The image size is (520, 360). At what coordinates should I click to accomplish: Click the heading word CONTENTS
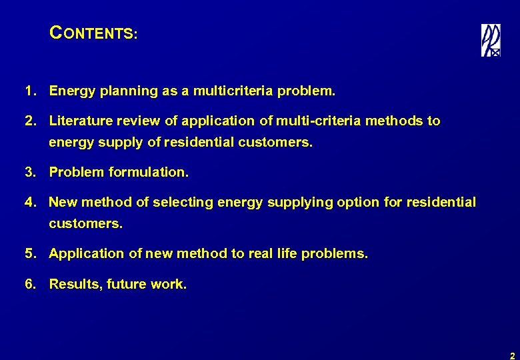(93, 33)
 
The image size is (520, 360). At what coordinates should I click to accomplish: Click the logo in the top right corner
(491, 40)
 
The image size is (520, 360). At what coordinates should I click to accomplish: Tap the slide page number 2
(511, 355)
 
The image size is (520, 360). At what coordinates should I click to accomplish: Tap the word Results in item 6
(74, 285)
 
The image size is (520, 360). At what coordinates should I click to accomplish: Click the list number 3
(29, 173)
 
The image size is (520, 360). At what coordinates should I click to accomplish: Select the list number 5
(29, 254)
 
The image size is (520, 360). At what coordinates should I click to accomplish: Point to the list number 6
(29, 285)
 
